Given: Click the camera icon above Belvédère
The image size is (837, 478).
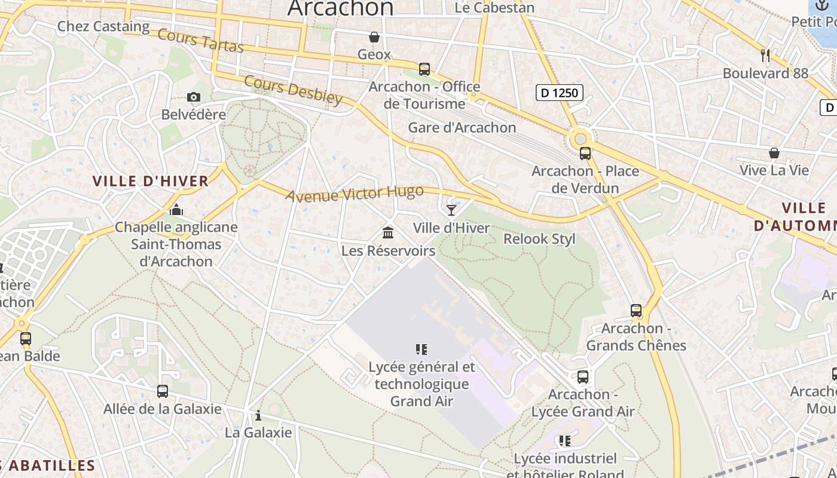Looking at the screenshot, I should point(194,97).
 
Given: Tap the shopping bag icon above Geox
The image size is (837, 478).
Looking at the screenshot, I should point(374,37).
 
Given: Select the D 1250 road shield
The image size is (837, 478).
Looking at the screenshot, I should point(559,92).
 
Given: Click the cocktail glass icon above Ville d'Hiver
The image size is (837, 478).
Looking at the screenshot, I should point(451,210).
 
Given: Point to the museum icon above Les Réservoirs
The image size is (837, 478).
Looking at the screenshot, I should point(388,232).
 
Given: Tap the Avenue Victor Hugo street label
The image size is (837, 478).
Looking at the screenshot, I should point(355,193).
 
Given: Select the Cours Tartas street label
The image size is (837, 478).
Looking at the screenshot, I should point(200,40).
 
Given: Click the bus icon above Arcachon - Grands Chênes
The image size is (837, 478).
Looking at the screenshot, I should point(636,311).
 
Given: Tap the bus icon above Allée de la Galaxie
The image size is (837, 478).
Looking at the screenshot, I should point(163,391).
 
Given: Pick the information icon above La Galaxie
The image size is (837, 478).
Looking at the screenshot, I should point(258,415).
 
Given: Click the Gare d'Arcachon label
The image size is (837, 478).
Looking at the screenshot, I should point(462,127).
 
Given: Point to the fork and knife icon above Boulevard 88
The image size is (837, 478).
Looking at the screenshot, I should point(765,56).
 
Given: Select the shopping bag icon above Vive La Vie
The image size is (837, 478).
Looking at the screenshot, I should point(774,153).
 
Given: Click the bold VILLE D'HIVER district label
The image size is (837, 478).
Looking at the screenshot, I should point(151,181).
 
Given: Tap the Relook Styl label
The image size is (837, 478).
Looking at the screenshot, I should point(539,239).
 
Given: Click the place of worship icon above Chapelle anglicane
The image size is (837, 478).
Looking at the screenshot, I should point(176,210).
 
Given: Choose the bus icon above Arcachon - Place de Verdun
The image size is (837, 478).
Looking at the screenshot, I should point(585,154).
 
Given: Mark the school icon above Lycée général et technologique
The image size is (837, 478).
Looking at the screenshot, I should point(421,349).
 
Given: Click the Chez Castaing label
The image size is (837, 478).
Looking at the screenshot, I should point(103,26).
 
